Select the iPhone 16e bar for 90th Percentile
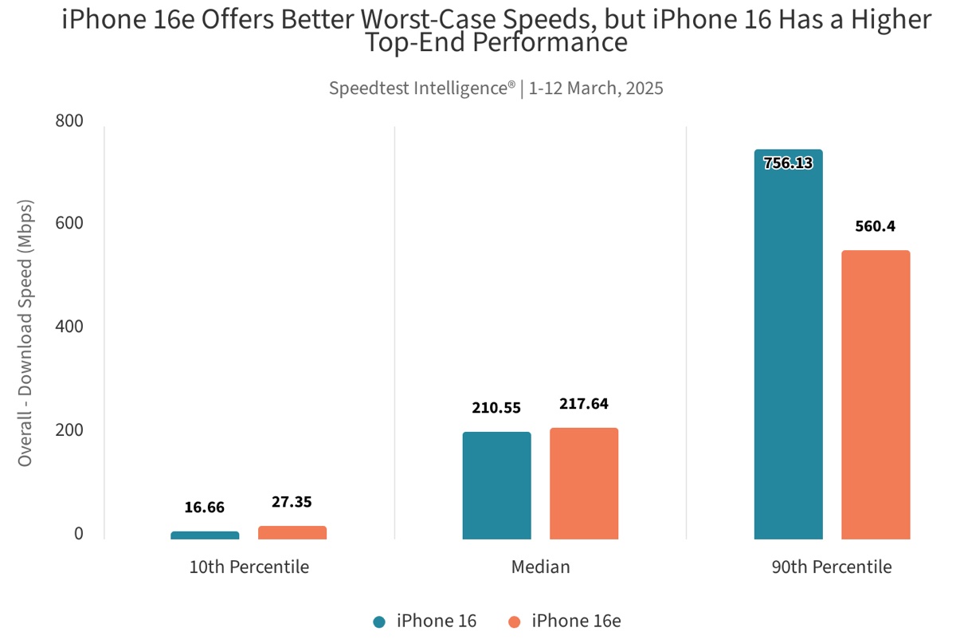876,395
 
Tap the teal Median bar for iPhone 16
496,485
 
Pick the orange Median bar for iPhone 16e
584,484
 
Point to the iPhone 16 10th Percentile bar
205,535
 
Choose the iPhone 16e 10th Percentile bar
292,532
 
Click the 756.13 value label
788,163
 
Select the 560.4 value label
876,226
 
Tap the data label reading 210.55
496,408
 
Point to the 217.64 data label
584,404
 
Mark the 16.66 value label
205,508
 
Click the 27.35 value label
292,502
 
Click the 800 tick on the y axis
69,121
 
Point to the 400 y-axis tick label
69,327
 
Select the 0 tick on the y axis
79,534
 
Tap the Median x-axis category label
540,568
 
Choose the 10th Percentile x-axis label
249,568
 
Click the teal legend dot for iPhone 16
380,621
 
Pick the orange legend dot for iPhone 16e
515,621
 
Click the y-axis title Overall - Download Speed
25,329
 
